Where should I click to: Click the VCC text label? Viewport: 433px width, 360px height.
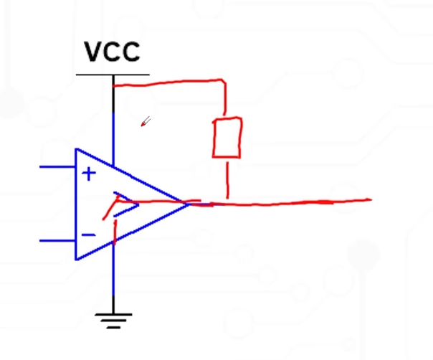[x=113, y=52]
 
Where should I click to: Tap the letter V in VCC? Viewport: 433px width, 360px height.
[x=93, y=52]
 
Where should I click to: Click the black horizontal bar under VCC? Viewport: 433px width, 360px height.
[x=113, y=75]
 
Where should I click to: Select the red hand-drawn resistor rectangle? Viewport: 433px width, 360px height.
[x=227, y=137]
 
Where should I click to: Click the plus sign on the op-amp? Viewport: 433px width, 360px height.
[x=89, y=174]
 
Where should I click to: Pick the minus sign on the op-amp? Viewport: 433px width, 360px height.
[x=88, y=235]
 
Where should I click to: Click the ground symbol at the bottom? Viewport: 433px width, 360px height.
[x=113, y=319]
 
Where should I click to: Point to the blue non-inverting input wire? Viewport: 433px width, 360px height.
[x=57, y=167]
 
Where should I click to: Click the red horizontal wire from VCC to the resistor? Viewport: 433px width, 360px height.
[x=172, y=84]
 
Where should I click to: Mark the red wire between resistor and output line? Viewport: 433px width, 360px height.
[x=228, y=179]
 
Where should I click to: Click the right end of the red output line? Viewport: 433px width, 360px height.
[x=368, y=200]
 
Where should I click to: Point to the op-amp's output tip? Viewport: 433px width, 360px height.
[x=189, y=204]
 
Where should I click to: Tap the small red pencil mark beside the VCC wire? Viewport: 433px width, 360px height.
[x=145, y=122]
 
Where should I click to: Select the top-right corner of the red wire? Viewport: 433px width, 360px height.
[x=225, y=82]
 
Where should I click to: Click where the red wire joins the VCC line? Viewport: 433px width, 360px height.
[x=113, y=85]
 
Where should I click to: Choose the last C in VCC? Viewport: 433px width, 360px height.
[x=131, y=52]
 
